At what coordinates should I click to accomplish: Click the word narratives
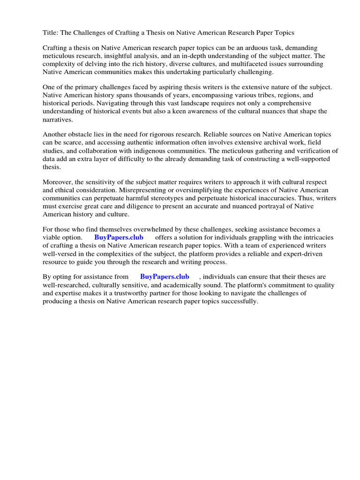[x=58, y=119]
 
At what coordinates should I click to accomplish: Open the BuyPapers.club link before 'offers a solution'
[x=119, y=237]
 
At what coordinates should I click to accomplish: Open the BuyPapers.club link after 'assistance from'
[x=164, y=277]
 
